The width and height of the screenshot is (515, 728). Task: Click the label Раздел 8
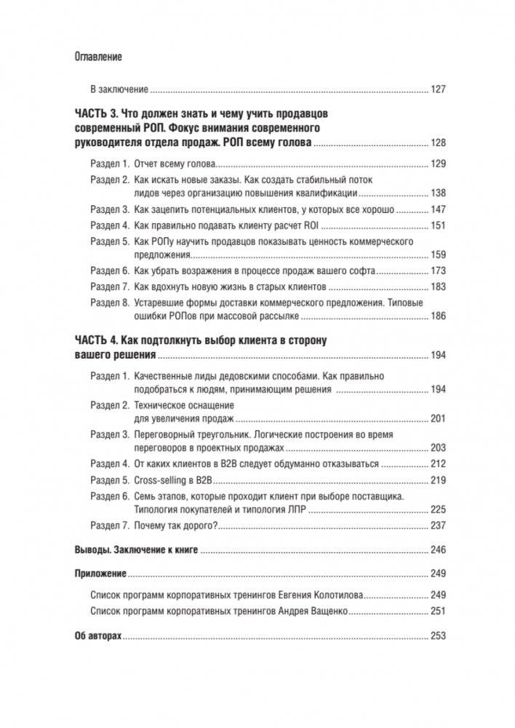tap(109, 302)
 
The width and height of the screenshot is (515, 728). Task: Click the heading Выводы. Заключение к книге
tap(137, 550)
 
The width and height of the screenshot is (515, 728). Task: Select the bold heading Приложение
tap(100, 573)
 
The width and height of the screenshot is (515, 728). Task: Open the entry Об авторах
tap(98, 635)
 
